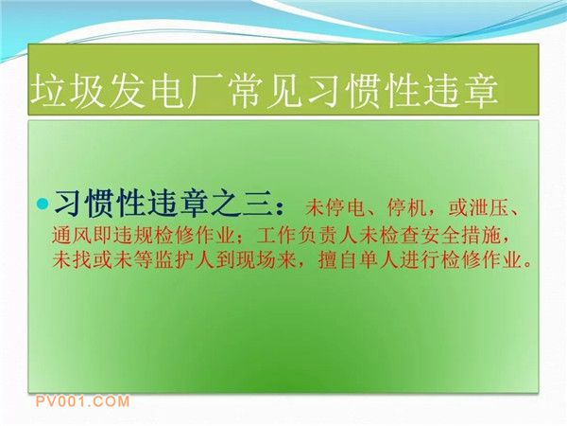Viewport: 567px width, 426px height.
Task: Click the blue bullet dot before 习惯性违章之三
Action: (43, 203)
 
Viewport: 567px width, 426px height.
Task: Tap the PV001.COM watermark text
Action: (82, 401)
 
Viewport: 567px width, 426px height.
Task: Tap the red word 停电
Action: (345, 208)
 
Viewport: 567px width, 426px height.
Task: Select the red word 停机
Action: (406, 208)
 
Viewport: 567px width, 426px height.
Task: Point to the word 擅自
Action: (337, 260)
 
